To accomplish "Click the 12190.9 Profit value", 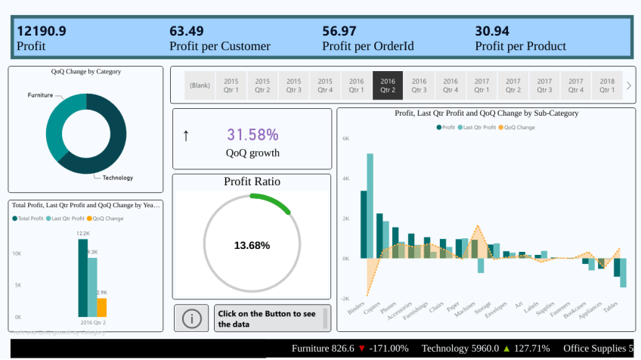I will [x=42, y=31].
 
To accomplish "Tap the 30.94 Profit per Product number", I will [x=492, y=31].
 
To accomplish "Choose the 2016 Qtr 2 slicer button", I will [x=388, y=85].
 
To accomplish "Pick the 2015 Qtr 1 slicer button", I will [x=231, y=85].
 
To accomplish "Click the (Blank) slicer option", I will [x=200, y=85].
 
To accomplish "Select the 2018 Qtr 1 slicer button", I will [x=607, y=85].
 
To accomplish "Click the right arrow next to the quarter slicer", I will [x=629, y=85].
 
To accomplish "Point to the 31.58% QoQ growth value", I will [x=252, y=135].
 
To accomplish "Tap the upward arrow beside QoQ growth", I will [x=186, y=135].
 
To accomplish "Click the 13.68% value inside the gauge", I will [x=252, y=245].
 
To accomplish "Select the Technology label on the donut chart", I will [x=117, y=178].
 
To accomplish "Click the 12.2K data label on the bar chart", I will [x=83, y=234].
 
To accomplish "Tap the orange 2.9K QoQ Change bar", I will [x=102, y=307].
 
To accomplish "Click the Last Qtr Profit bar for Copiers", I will [x=370, y=204].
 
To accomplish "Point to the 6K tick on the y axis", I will [x=345, y=139].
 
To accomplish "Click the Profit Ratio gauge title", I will [x=252, y=182].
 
